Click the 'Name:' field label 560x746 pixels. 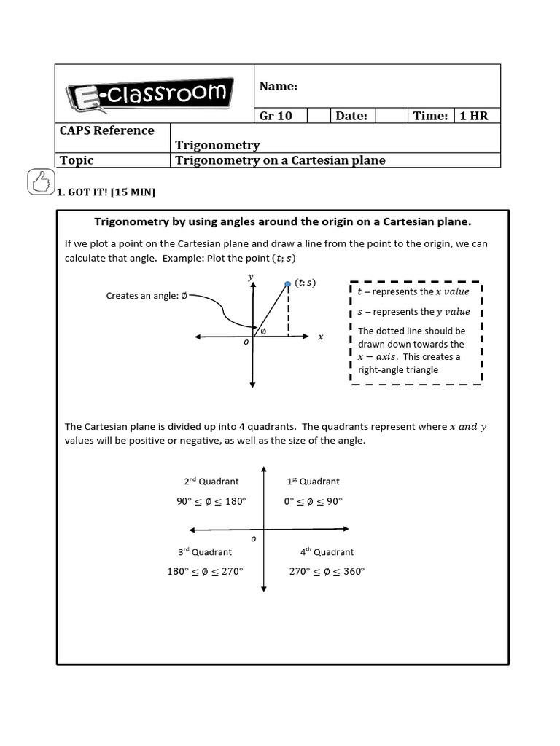279,87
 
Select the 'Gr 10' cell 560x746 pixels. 276,116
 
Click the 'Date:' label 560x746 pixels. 351,116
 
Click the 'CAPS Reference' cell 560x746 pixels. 106,130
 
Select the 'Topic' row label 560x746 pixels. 77,160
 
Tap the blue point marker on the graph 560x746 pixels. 288,283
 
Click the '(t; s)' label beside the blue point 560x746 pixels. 306,283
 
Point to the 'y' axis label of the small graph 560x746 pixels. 250,277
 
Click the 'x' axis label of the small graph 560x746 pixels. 320,337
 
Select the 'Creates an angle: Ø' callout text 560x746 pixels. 147,296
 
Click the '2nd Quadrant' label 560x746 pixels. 211,482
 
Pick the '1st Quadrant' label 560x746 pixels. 312,482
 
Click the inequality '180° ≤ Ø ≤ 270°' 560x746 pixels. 205,571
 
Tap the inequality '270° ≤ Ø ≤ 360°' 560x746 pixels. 327,571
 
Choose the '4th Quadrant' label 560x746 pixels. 327,552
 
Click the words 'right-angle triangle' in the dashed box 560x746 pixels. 398,370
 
